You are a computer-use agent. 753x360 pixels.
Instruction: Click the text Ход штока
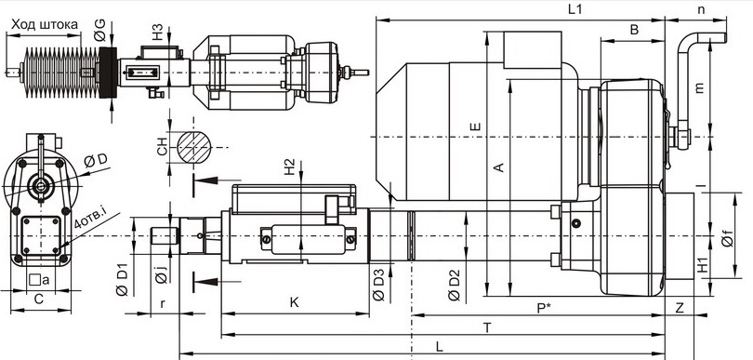point(45,24)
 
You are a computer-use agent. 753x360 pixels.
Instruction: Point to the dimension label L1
point(575,9)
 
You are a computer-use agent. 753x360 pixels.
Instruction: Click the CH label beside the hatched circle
point(163,147)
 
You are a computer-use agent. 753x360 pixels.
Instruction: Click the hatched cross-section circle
point(194,147)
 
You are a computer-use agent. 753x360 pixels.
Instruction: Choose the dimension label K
point(295,301)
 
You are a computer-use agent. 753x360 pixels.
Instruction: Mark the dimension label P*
point(544,308)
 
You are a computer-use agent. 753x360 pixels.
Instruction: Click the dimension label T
point(487,327)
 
